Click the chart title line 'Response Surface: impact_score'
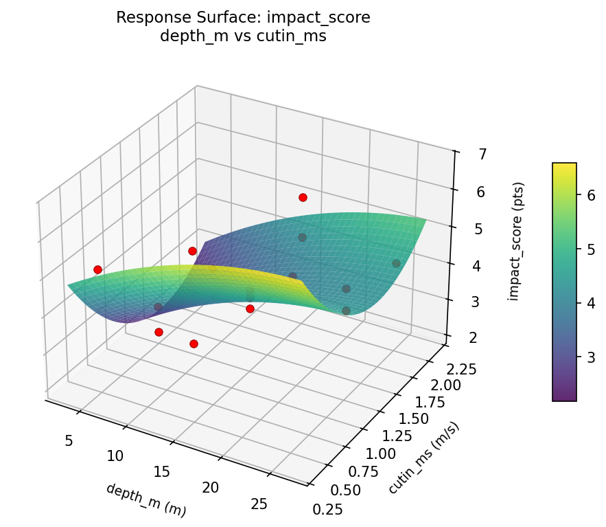[243, 18]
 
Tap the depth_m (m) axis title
[145, 500]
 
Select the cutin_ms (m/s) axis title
[423, 458]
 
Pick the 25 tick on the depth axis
[259, 504]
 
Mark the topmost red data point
[303, 198]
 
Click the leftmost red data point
[97, 269]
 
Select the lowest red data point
[194, 344]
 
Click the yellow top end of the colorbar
[564, 166]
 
